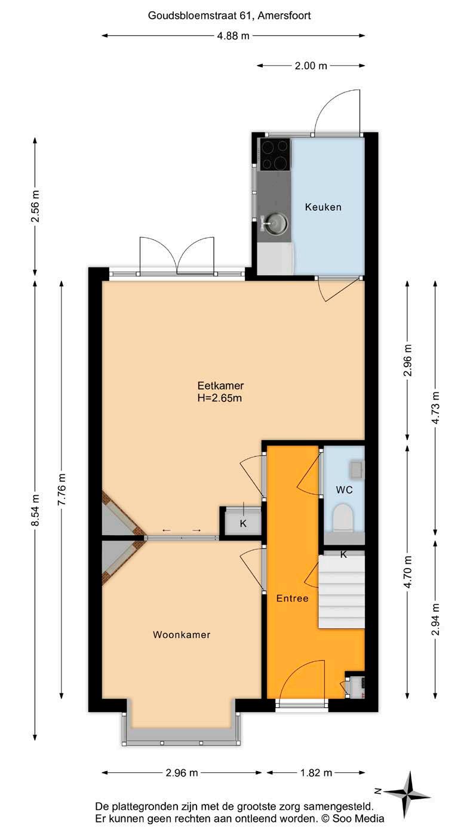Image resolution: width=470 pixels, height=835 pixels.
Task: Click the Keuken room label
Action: pos(323,207)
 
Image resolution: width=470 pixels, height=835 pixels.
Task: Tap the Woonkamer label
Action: pos(182,634)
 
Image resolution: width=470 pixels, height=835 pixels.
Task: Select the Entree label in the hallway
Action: pos(292,598)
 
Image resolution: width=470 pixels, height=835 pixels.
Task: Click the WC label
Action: pos(344,490)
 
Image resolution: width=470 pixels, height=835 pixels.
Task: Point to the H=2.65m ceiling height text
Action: pos(220,398)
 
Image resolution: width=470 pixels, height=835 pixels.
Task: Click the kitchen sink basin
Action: pos(277,223)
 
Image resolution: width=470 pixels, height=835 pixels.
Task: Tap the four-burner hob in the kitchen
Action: pos(275,154)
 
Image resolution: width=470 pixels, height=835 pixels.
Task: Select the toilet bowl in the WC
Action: pos(343,518)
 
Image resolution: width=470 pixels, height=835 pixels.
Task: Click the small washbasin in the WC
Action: pos(357,469)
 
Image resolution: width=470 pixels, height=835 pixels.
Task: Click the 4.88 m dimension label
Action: pos(234,36)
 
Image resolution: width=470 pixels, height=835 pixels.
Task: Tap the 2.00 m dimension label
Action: pos(311,66)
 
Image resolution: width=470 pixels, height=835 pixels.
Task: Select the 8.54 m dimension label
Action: pos(35,509)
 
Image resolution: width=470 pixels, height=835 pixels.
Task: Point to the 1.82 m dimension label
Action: pos(316,773)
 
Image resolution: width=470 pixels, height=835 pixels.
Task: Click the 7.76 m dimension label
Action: pos(62,489)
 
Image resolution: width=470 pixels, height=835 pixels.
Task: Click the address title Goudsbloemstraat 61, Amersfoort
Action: pos(229,16)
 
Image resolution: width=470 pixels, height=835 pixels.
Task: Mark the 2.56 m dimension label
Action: pos(35,206)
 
